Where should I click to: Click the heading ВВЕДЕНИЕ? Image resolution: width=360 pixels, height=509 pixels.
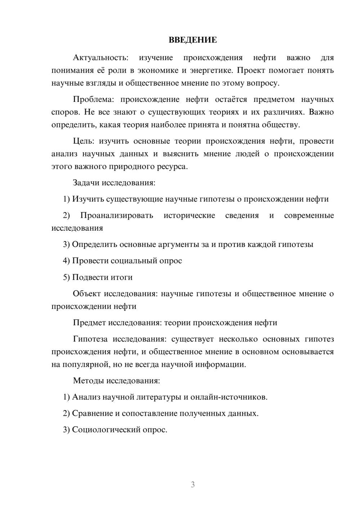193,40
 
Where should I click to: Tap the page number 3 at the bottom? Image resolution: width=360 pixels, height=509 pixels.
193,485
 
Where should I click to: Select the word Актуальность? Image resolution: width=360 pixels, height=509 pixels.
100,58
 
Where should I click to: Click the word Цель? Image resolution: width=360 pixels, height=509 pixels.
83,141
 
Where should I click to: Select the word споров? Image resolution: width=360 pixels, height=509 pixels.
65,112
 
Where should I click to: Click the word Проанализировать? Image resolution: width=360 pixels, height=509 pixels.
117,216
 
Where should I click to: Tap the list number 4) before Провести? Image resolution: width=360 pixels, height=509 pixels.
66,261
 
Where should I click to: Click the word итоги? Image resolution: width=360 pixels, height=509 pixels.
121,277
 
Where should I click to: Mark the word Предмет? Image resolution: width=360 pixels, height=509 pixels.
89,323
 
